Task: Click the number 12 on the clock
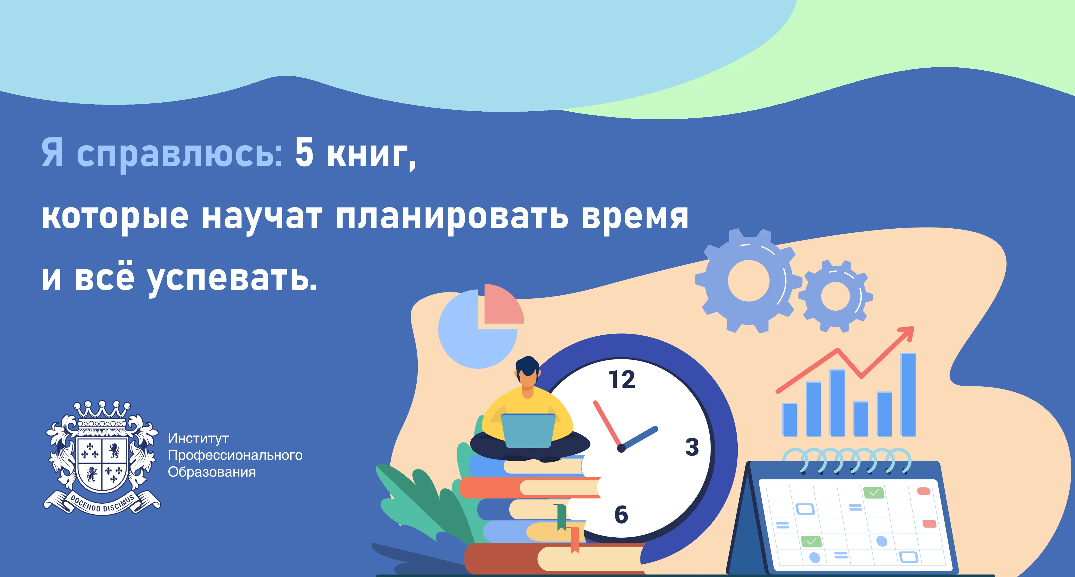point(622,380)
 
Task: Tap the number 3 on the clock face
point(692,447)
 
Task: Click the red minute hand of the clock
point(608,424)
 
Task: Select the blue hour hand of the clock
point(640,438)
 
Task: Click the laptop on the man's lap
point(528,431)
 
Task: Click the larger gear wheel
point(748,280)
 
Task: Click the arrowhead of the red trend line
point(906,334)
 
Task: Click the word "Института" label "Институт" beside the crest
point(198,438)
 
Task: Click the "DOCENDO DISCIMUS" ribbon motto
point(102,503)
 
